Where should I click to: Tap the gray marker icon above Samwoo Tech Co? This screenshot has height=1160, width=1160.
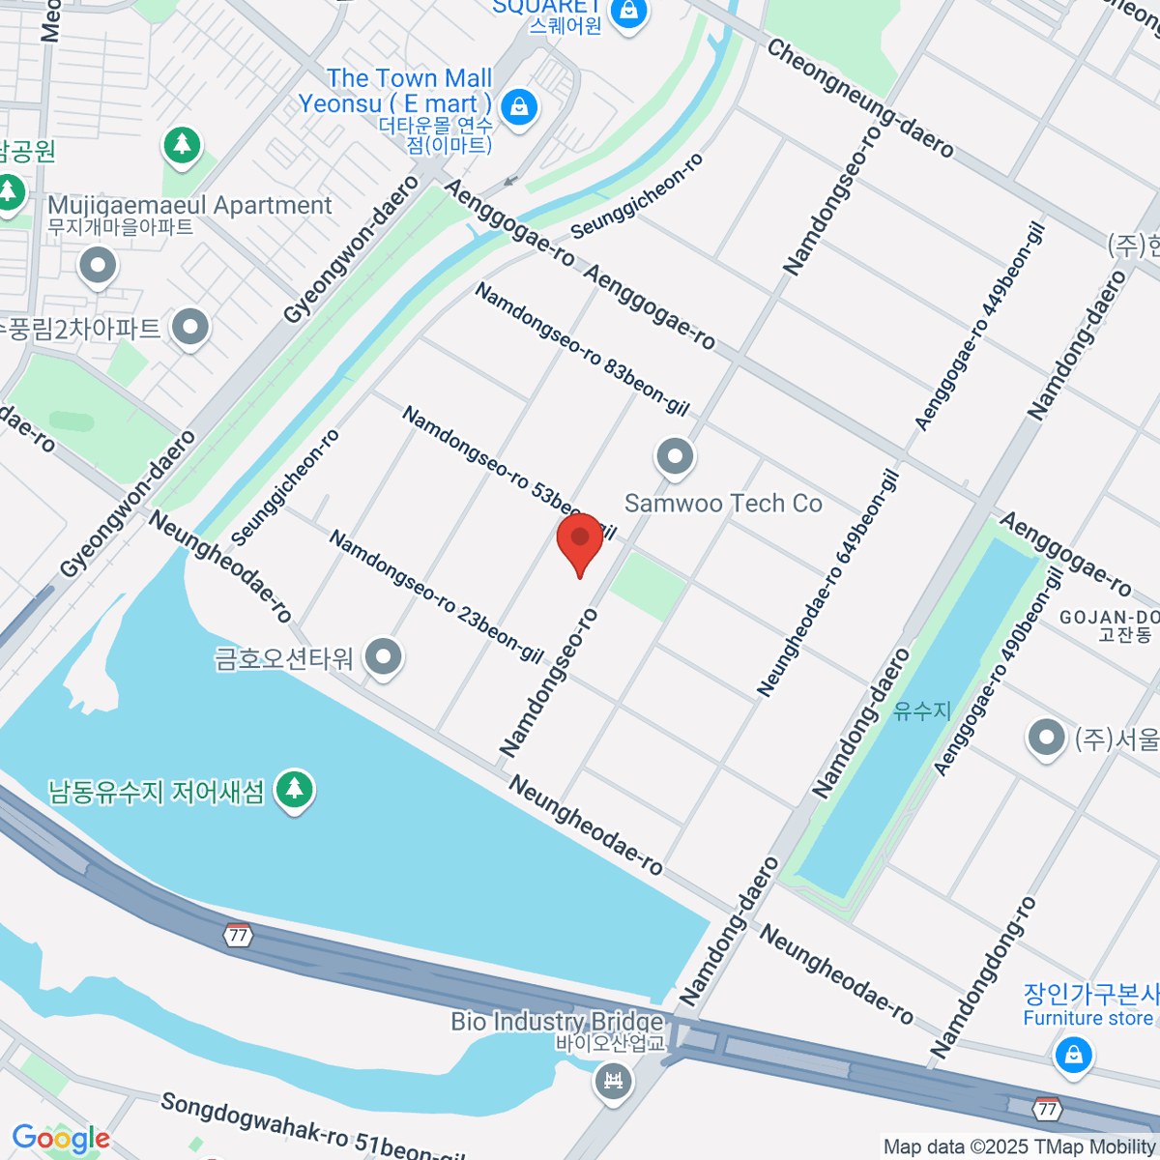click(x=675, y=456)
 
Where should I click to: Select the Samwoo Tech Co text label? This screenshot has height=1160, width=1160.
click(x=723, y=504)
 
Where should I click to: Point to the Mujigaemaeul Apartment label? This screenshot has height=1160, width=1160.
click(x=189, y=206)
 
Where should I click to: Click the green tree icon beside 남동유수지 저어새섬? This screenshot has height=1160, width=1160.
click(x=295, y=790)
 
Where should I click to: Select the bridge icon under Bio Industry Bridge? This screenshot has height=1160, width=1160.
click(x=613, y=1079)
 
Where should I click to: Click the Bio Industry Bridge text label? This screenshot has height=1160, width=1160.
click(x=557, y=1022)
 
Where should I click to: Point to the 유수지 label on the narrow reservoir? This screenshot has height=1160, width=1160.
click(x=922, y=710)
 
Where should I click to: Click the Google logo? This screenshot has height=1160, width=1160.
click(x=61, y=1139)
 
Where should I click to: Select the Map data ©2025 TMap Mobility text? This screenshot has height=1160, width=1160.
click(x=1020, y=1147)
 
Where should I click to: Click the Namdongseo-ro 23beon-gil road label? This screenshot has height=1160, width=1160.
click(x=436, y=596)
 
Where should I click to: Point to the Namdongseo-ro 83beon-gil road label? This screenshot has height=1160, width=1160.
click(x=581, y=349)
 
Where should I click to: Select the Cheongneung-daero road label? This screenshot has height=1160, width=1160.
click(x=859, y=98)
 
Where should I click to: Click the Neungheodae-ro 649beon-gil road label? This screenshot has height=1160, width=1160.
click(x=827, y=583)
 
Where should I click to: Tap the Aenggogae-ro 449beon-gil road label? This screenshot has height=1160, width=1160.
click(x=978, y=329)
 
